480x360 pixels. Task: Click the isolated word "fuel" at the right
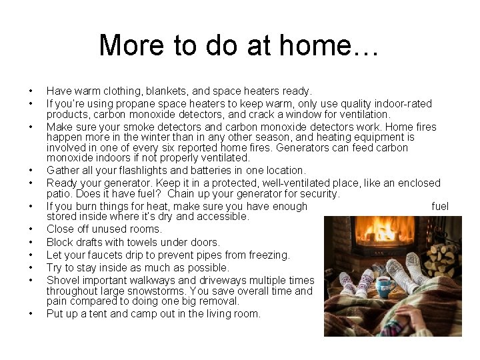tap(440, 207)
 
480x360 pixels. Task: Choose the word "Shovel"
tap(63, 280)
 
